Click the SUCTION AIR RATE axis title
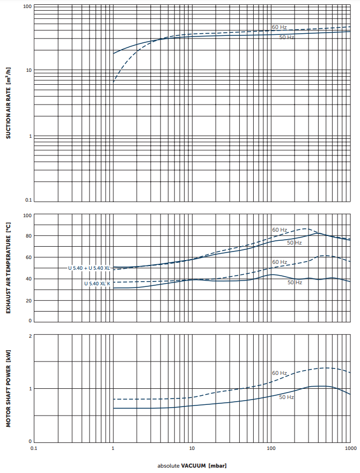8,104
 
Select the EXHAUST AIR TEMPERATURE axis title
8,269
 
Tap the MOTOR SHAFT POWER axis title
8,389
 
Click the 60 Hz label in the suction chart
279,27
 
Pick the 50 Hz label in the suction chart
286,37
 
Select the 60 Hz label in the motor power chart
279,373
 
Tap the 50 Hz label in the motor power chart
286,397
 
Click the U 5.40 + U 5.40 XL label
89,267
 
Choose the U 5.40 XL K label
97,283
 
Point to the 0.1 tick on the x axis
33,447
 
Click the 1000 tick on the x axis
350,447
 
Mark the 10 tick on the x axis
192,447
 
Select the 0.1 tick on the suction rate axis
28,201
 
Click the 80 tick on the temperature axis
29,236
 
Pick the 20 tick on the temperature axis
29,300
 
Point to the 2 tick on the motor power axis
30,336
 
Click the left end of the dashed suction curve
113,83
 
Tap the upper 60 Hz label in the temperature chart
279,230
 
